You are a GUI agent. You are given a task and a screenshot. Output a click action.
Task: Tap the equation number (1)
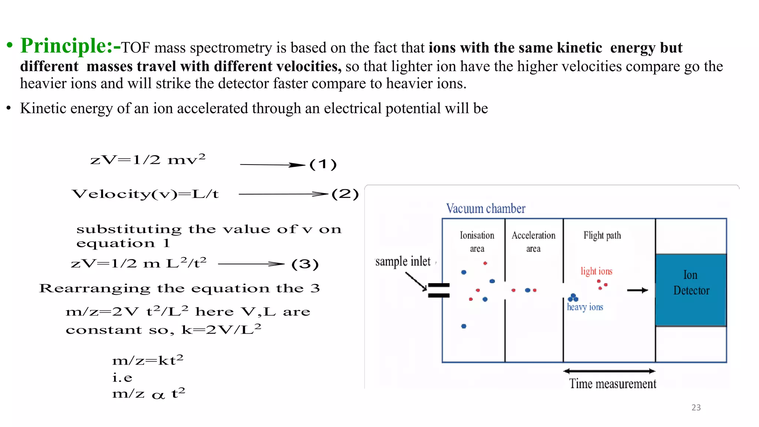point(323,164)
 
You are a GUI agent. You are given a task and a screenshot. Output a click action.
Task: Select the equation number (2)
point(345,194)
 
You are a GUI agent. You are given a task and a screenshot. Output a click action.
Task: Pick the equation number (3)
point(305,264)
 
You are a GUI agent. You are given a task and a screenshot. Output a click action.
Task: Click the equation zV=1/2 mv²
point(148,159)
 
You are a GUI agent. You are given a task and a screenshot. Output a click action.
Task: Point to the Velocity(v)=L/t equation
point(145,194)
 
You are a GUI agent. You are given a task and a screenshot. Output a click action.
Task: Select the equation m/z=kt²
point(148,360)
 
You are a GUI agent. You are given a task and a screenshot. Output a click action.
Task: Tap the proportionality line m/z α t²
point(148,393)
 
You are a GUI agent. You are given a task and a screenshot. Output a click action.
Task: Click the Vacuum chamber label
point(485,209)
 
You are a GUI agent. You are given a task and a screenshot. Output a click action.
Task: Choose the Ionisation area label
point(477,242)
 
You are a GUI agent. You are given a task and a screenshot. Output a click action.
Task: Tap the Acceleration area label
point(533,242)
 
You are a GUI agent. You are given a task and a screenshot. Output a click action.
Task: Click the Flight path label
point(602,235)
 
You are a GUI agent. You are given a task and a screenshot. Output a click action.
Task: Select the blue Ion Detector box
point(691,290)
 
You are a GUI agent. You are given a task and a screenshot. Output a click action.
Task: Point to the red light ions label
point(596,271)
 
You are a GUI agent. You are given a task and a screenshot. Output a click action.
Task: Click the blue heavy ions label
point(585,307)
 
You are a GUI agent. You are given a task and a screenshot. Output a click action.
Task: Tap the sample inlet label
point(403,261)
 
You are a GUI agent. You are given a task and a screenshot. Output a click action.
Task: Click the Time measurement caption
point(613,384)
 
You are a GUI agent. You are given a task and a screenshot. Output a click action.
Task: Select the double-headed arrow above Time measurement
point(609,371)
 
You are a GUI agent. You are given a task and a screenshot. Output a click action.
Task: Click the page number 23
point(696,407)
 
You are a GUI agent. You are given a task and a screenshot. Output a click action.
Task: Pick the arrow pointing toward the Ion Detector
point(637,290)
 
